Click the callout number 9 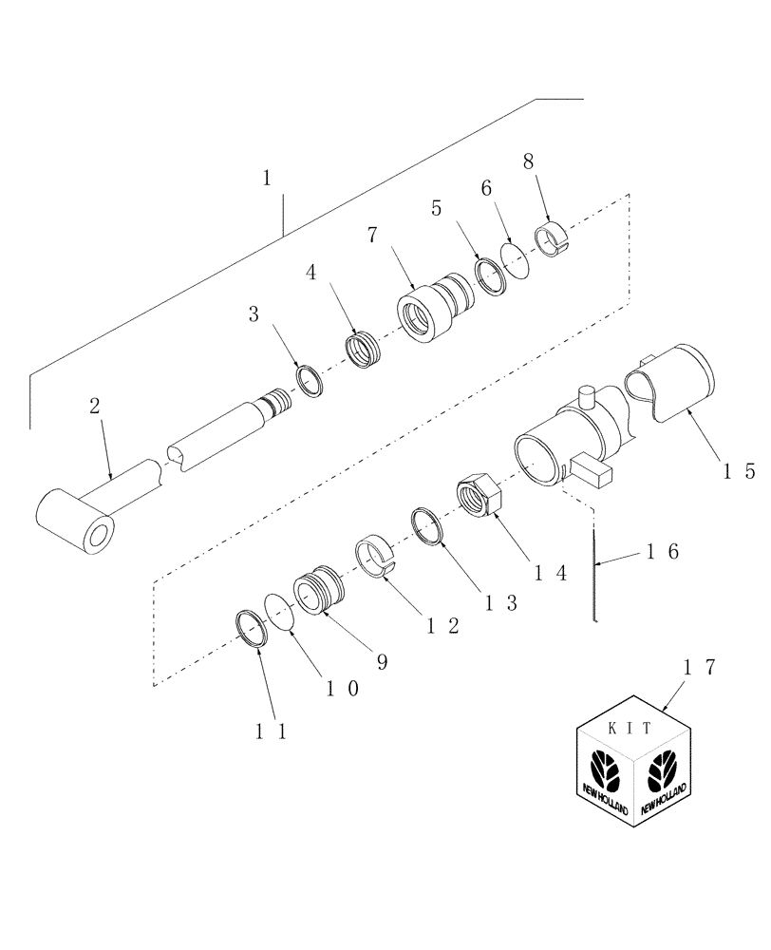[x=382, y=661]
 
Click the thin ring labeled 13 [x=428, y=526]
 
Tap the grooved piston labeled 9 [x=314, y=592]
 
